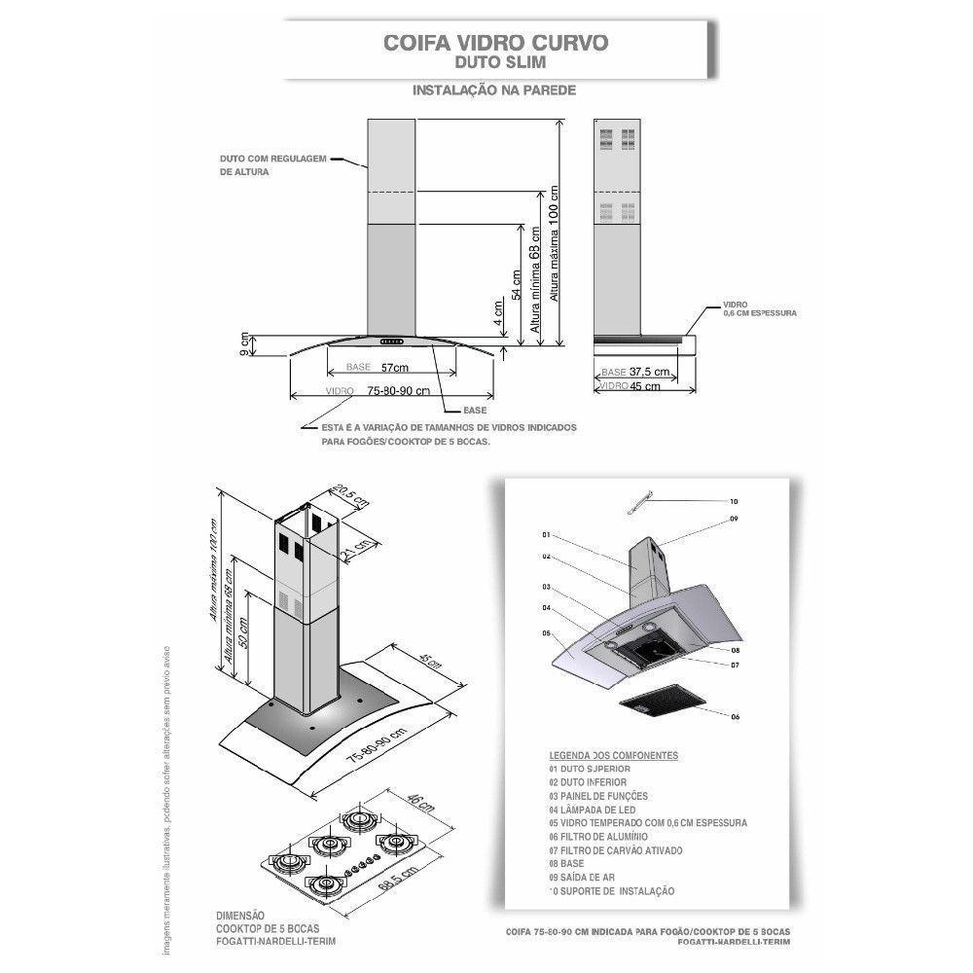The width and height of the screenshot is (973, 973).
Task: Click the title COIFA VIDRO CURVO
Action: [x=497, y=44]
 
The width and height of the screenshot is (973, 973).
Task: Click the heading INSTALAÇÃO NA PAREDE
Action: [x=495, y=90]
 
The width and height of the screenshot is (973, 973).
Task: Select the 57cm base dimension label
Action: [x=393, y=368]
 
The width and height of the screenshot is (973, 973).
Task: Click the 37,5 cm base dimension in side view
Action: [x=648, y=373]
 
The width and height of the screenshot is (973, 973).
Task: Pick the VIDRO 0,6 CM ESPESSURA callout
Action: [x=760, y=309]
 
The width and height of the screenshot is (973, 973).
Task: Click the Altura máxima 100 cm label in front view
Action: [x=555, y=243]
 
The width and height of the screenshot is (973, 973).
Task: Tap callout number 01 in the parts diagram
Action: [x=546, y=535]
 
